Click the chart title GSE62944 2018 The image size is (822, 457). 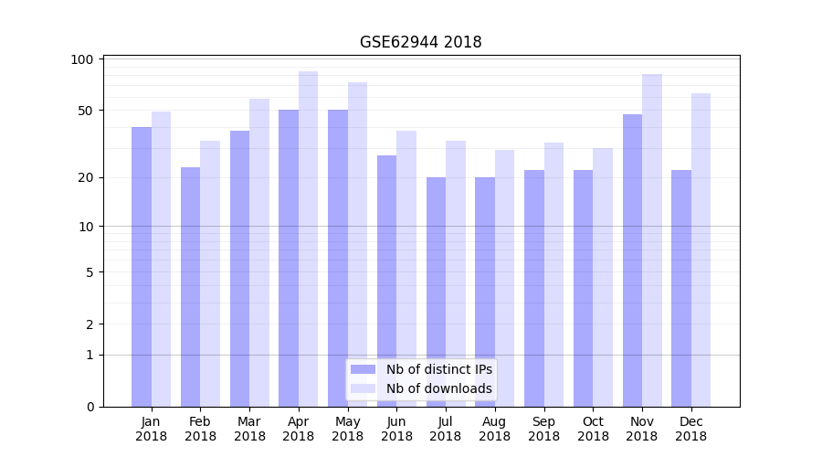420,42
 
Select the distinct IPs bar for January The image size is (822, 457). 142,265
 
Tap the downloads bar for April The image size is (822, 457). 309,238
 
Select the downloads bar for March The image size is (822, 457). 259,251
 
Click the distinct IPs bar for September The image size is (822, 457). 534,288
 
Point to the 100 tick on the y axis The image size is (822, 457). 82,59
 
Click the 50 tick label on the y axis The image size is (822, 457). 86,111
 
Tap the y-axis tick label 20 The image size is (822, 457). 86,177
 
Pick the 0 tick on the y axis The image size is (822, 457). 90,407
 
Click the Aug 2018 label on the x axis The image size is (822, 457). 494,429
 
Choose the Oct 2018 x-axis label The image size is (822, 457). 593,429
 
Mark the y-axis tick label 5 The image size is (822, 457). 90,272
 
